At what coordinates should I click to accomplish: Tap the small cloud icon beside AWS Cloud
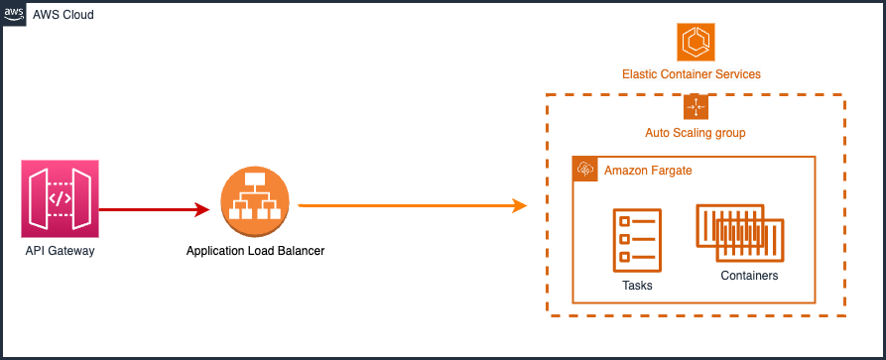point(15,15)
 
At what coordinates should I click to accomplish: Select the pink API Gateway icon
point(60,199)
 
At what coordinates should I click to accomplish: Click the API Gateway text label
point(60,252)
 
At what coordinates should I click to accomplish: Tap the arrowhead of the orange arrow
point(519,205)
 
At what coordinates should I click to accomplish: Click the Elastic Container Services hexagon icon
point(696,42)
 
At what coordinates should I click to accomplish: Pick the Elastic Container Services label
point(692,74)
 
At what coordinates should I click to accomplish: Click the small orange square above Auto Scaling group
point(696,107)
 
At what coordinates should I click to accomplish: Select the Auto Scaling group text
point(696,133)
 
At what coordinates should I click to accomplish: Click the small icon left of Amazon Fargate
point(585,170)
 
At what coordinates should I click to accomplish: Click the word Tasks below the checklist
point(637,286)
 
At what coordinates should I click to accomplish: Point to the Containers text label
point(748,276)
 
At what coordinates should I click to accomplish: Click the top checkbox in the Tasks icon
point(625,221)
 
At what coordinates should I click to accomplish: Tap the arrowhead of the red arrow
point(212,209)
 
